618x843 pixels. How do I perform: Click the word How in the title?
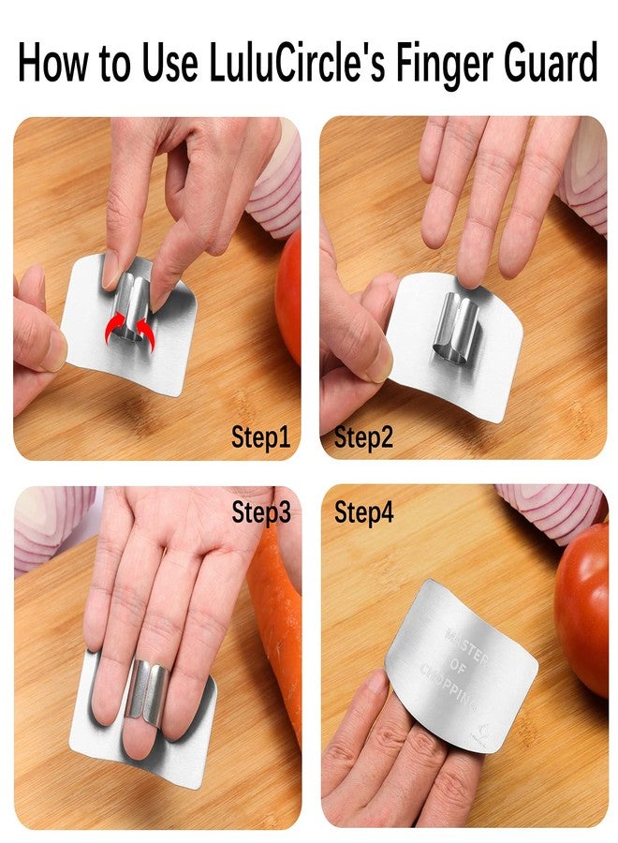[57, 66]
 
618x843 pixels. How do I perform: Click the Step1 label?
[261, 437]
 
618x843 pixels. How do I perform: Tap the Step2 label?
[363, 437]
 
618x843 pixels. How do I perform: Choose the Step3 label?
[261, 512]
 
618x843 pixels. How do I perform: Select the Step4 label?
[363, 512]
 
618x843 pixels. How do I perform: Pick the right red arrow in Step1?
[145, 329]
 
